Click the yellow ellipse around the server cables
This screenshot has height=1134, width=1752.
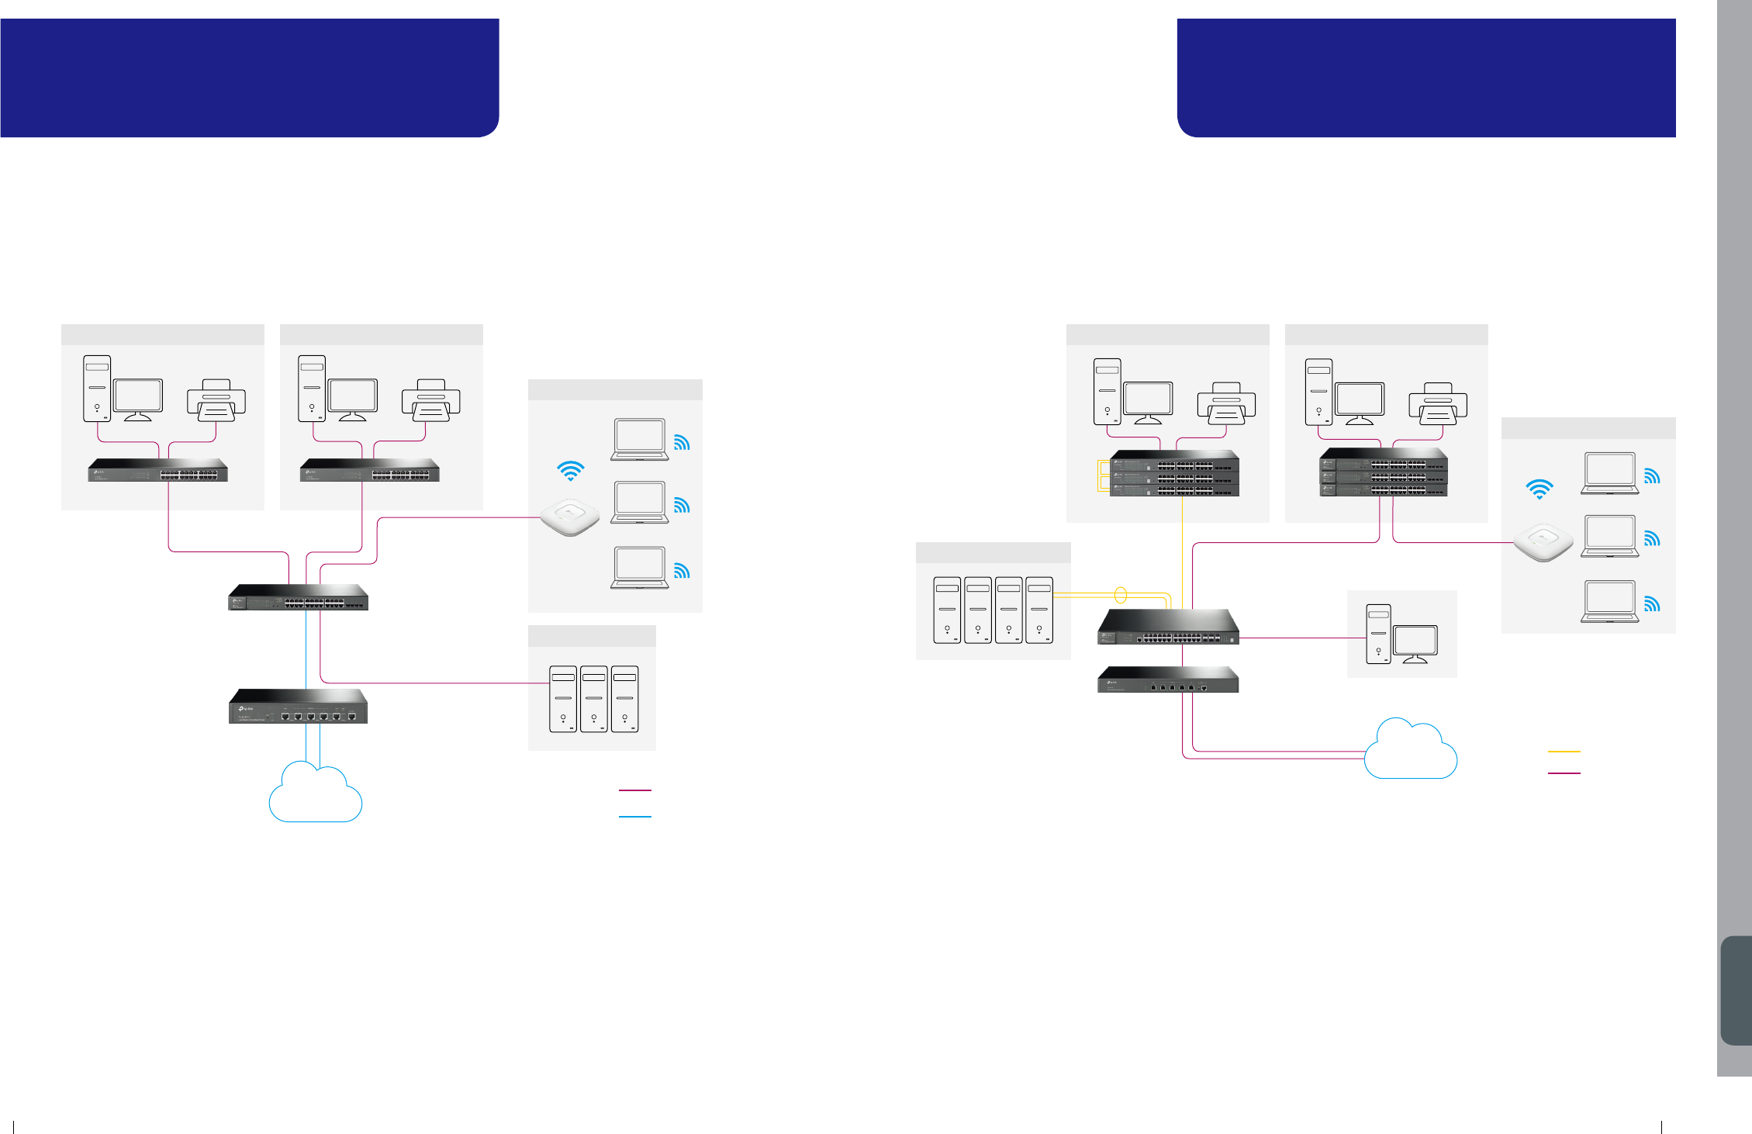1120,596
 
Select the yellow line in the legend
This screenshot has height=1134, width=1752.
1564,752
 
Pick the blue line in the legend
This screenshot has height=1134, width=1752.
634,817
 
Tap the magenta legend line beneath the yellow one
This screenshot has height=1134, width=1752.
1564,773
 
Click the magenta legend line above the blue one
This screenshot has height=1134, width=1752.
634,790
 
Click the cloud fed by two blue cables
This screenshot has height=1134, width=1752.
315,795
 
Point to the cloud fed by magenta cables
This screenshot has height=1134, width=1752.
1410,752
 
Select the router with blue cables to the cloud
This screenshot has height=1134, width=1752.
299,707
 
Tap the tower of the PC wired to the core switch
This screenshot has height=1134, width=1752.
1378,634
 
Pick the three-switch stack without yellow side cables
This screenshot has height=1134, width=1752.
1384,472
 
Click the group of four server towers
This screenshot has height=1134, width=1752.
993,610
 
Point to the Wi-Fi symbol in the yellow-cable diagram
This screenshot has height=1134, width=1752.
1539,489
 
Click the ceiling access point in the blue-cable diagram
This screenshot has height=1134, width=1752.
570,517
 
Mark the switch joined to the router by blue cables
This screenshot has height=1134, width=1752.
299,598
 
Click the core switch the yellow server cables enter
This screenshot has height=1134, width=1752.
1168,628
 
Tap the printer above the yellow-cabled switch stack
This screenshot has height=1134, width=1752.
1226,404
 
